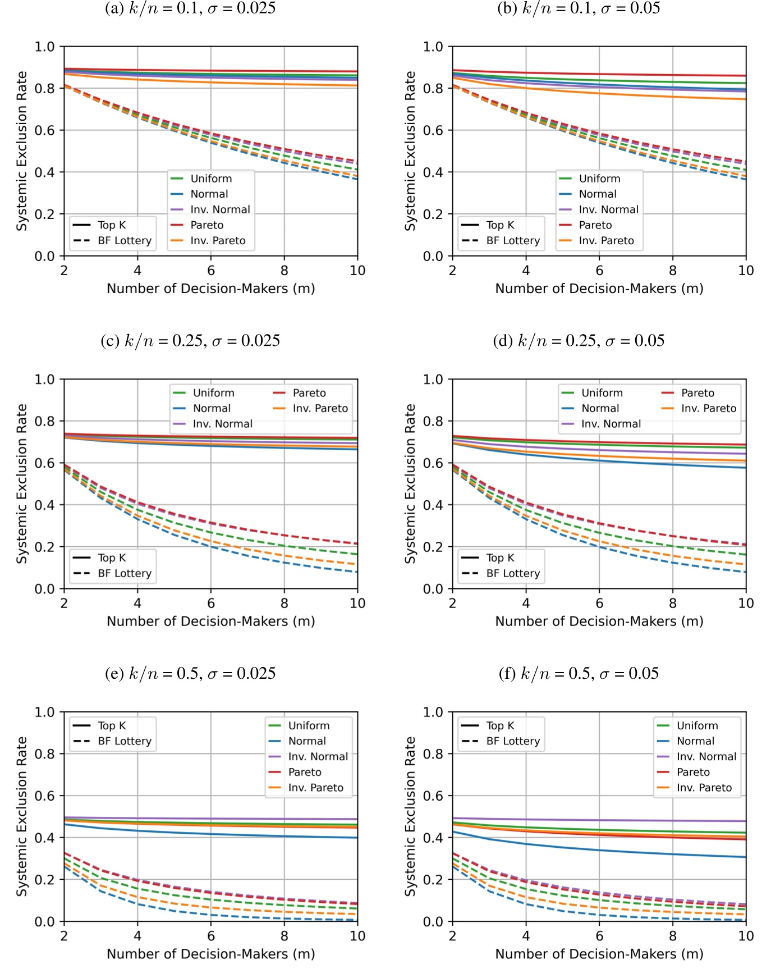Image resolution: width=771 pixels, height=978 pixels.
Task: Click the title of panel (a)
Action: [190, 8]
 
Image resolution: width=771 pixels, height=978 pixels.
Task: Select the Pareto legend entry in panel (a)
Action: [206, 225]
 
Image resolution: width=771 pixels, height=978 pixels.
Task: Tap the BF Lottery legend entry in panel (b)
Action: [512, 241]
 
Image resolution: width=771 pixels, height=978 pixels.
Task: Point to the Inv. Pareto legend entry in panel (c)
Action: [320, 409]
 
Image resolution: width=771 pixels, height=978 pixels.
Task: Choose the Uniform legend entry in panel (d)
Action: [602, 393]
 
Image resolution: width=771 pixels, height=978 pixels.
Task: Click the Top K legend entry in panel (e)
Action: [112, 726]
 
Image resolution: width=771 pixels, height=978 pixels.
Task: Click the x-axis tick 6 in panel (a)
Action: [211, 271]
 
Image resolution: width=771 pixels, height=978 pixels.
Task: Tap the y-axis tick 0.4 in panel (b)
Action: [433, 172]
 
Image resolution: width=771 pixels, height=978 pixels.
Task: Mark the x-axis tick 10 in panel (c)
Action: [357, 604]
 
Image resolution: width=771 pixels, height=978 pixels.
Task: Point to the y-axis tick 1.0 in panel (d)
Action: [433, 380]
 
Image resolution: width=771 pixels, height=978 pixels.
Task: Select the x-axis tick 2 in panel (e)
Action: [64, 936]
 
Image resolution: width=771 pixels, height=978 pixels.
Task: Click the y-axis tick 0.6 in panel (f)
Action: [433, 796]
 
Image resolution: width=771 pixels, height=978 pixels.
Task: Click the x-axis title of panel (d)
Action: [599, 621]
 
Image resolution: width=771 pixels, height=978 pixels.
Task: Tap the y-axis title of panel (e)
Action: [21, 817]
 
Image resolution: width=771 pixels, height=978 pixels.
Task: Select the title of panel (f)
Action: [579, 674]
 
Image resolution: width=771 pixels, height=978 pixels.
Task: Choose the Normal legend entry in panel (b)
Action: [597, 194]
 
